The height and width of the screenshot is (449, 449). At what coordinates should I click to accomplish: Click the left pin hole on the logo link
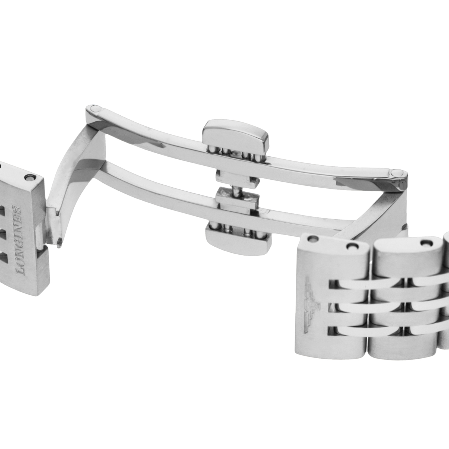click(313, 239)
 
